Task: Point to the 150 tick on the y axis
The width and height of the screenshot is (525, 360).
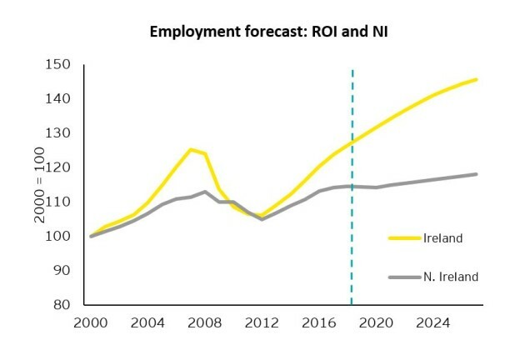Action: (x=59, y=65)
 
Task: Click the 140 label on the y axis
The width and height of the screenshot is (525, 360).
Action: (x=59, y=99)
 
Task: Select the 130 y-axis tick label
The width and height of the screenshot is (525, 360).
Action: (x=59, y=133)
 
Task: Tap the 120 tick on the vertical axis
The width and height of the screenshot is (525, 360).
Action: (x=59, y=167)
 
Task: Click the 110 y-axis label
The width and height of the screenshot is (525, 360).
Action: (x=59, y=202)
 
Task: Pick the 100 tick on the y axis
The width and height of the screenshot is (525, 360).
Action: (x=59, y=237)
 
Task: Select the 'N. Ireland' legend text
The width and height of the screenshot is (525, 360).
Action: (x=450, y=277)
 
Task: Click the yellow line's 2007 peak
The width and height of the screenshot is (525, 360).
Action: (x=191, y=150)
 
